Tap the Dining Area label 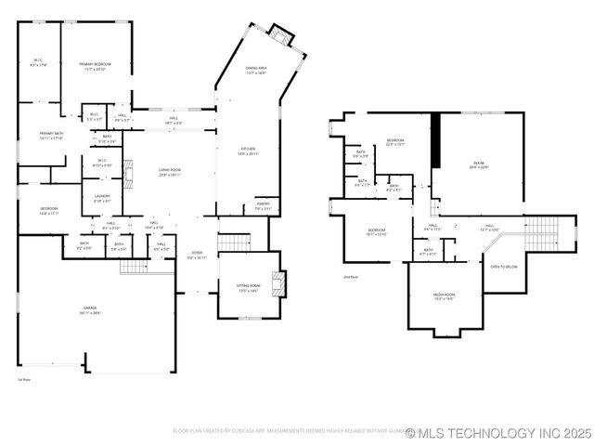click(x=256, y=71)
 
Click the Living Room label click(x=169, y=172)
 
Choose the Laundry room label click(x=102, y=198)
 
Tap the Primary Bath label click(x=51, y=136)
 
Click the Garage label click(x=90, y=312)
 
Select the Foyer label click(x=197, y=255)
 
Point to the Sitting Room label click(x=249, y=290)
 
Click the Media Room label click(x=444, y=296)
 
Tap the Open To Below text click(x=504, y=265)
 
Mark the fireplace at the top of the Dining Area click(x=280, y=35)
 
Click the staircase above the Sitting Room click(x=233, y=243)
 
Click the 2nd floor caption click(x=350, y=277)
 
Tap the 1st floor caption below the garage click(x=24, y=379)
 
